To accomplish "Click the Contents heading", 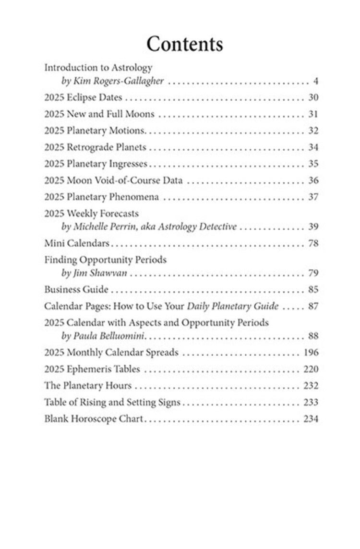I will (185, 44).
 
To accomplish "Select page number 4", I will (315, 81).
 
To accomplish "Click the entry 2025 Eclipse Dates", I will (83, 98).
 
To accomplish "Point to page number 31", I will (313, 114).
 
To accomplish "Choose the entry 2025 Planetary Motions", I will (95, 131).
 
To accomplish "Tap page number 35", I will (313, 164).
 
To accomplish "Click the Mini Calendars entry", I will (77, 243).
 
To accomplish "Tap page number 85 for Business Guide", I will (313, 290).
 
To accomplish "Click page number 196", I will (311, 353).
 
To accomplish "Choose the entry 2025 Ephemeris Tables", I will (92, 369).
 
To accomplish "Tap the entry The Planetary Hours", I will (87, 386).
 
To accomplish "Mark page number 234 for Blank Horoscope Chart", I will (311, 419).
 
